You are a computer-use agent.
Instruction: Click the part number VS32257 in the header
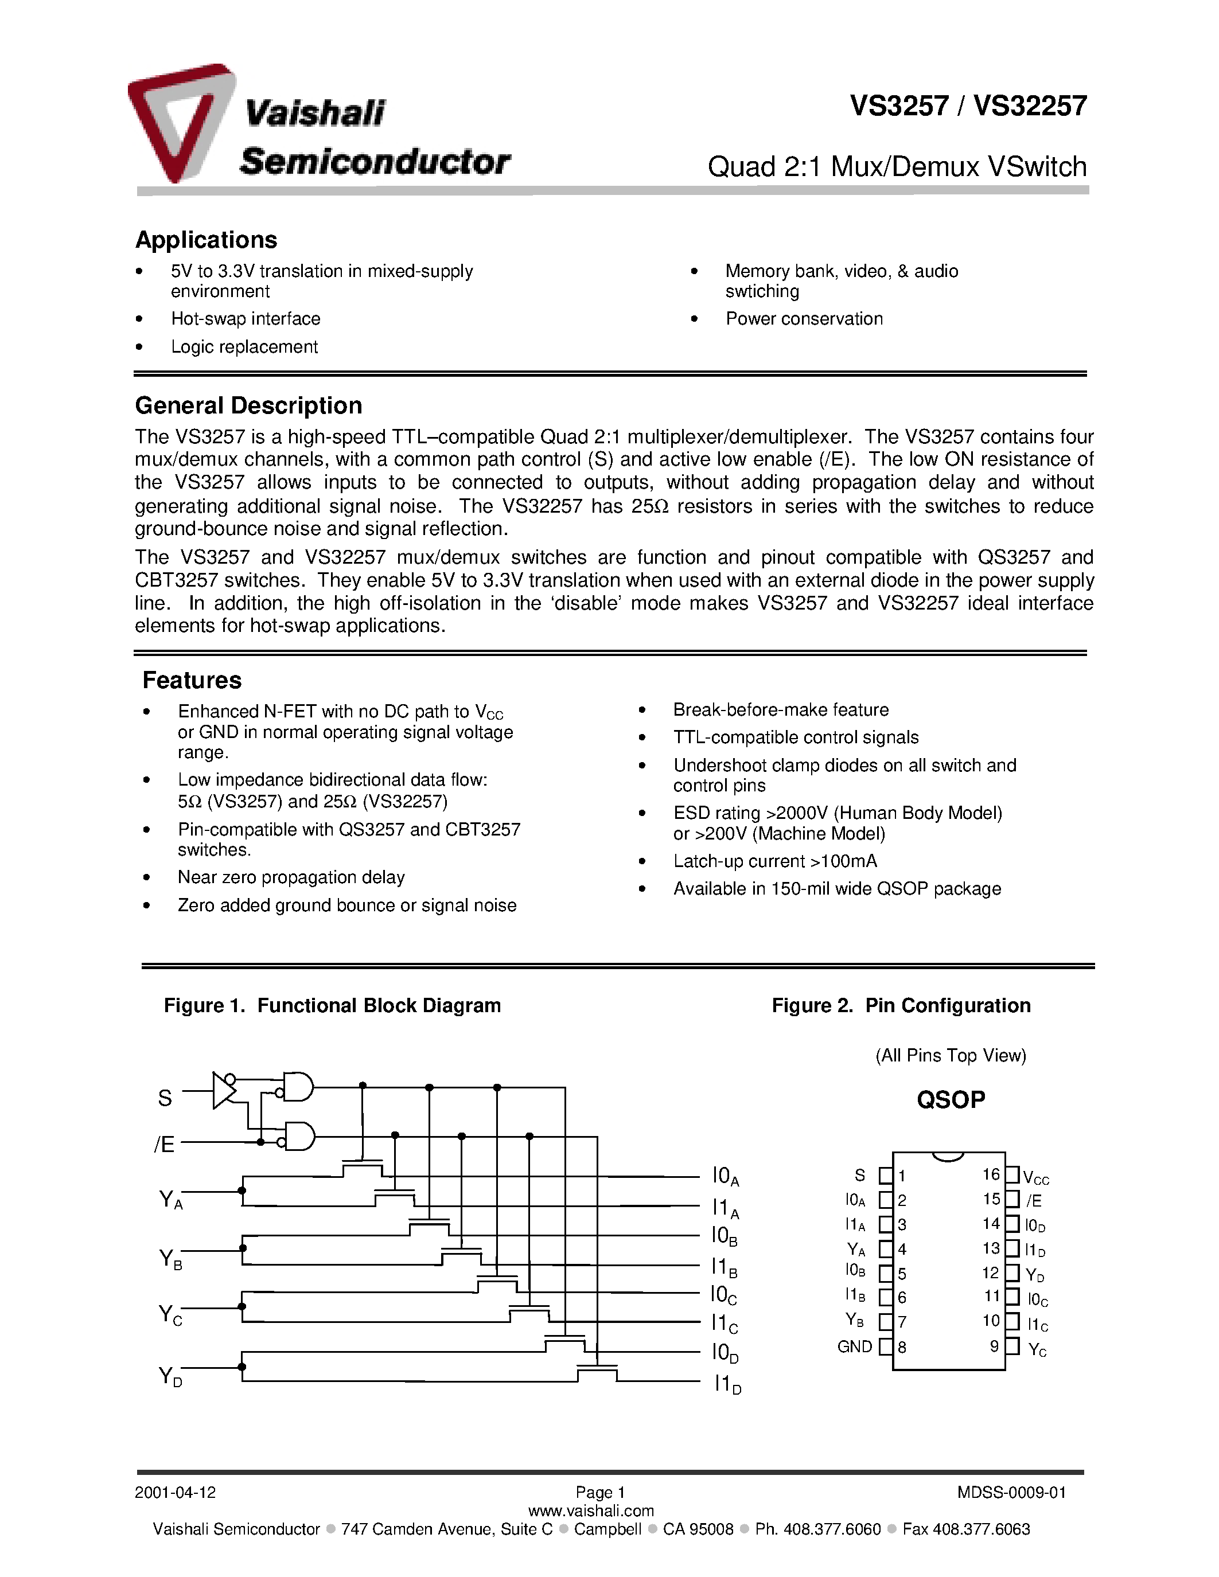coord(1030,106)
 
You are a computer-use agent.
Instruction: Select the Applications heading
coord(206,240)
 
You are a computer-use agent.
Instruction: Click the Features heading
coord(192,680)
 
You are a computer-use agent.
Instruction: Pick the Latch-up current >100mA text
coord(775,861)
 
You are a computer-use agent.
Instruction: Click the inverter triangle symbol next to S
coord(223,1090)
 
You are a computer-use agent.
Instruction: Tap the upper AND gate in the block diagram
coord(298,1086)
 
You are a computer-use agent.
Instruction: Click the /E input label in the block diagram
coord(165,1145)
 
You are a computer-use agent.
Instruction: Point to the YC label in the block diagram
coord(170,1315)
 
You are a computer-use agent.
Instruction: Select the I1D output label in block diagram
coord(726,1384)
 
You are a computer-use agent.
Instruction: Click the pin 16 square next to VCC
coord(1012,1175)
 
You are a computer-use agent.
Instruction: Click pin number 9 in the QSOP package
coord(994,1346)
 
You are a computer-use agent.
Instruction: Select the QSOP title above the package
coord(951,1100)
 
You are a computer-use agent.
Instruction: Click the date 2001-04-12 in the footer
coord(175,1493)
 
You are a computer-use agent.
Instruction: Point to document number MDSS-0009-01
coord(1011,1493)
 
